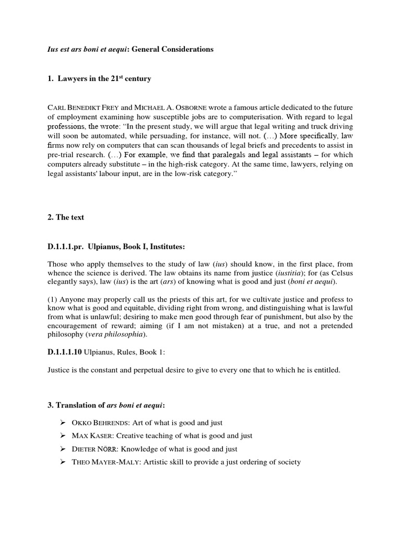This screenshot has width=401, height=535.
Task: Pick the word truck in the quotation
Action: point(321,126)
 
